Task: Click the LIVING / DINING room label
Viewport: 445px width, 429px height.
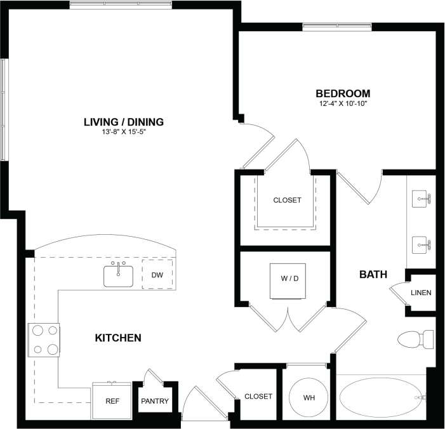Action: [x=124, y=121]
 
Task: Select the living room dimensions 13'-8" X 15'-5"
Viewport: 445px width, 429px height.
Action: [x=124, y=133]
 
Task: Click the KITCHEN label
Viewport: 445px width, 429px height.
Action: [x=117, y=338]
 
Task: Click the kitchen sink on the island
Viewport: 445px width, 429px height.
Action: [x=118, y=275]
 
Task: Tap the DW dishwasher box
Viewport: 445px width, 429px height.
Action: [x=157, y=275]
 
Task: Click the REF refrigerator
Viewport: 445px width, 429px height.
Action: [x=112, y=400]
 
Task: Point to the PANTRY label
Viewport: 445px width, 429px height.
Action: [x=155, y=401]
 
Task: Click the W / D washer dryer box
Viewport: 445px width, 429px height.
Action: [x=285, y=280]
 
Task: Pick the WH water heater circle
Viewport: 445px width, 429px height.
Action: [x=309, y=398]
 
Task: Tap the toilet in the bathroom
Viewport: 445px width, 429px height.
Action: [x=416, y=340]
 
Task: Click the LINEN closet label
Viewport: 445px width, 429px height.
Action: [x=421, y=293]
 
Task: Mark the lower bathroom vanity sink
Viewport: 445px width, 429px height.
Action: [x=422, y=243]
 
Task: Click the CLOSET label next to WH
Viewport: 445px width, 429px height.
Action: [x=258, y=396]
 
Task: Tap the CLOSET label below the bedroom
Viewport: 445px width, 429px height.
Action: [x=287, y=200]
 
